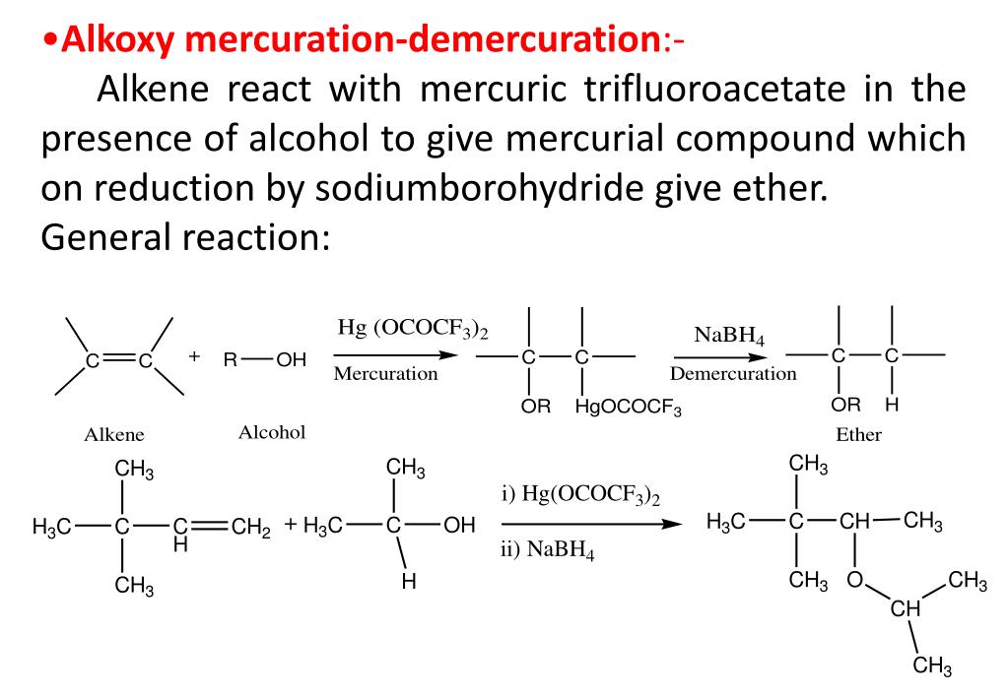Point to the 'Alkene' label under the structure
(114, 434)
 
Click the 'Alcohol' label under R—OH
(272, 432)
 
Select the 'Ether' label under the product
(858, 434)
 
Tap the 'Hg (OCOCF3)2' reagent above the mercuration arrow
(413, 329)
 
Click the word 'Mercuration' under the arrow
(385, 374)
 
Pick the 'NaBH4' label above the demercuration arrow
(729, 336)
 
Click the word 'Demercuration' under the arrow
(733, 374)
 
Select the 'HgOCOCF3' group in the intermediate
(629, 407)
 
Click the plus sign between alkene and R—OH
(194, 355)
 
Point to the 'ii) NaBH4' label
(547, 550)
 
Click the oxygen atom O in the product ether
(854, 580)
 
